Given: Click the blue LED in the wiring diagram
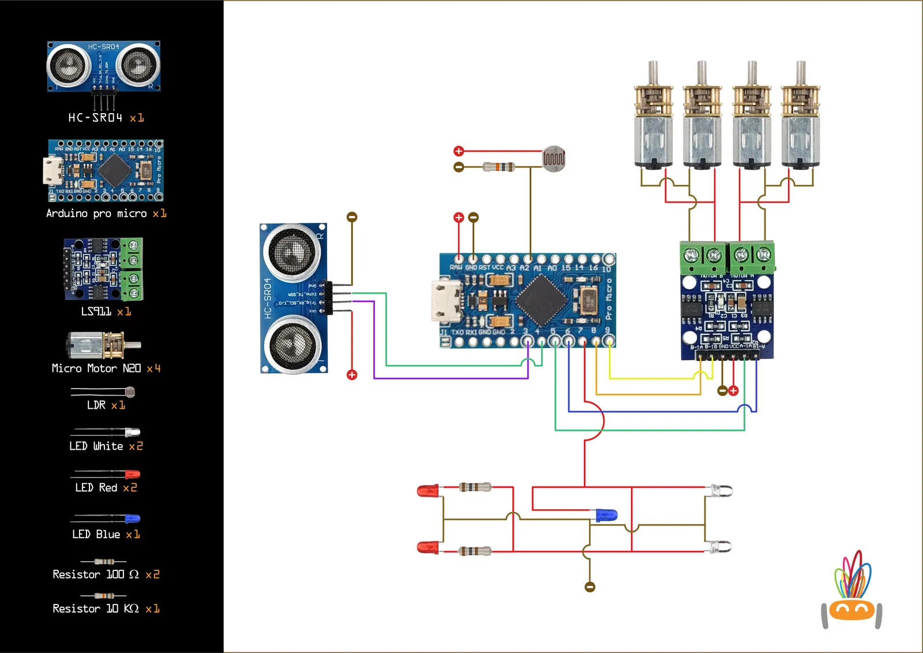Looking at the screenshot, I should (x=606, y=514).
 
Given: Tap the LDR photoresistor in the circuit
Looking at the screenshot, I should (x=554, y=158).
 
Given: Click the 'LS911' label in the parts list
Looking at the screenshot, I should (x=96, y=312).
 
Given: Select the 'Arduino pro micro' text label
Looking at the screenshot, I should (x=96, y=214).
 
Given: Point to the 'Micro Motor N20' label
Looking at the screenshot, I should (x=96, y=368).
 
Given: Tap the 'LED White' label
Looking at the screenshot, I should (x=96, y=446).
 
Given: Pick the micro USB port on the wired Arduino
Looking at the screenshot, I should (x=446, y=300).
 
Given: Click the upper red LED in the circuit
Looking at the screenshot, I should (x=428, y=491).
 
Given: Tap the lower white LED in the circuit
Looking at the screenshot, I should (x=719, y=546).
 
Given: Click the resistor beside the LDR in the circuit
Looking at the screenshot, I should (x=499, y=167).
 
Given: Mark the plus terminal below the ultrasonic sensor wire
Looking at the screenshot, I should (x=352, y=375).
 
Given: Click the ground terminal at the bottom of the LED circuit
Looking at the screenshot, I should (x=590, y=587).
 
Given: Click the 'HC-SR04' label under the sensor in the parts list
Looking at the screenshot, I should (x=96, y=118).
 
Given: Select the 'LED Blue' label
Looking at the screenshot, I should (x=96, y=535).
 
